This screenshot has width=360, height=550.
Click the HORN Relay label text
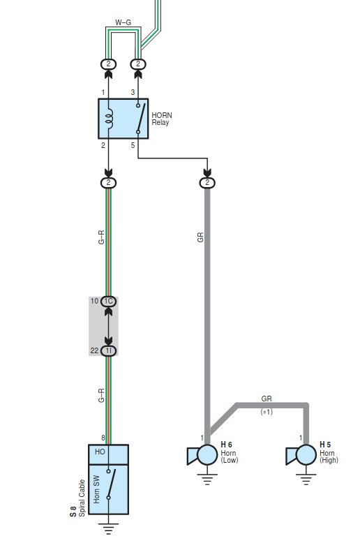click(x=162, y=119)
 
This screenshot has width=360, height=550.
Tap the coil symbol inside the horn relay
click(x=110, y=118)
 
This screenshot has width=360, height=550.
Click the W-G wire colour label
click(x=123, y=22)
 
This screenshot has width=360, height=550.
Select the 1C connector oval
click(x=109, y=302)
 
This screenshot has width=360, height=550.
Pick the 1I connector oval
click(x=109, y=351)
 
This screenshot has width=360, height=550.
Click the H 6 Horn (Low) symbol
click(x=202, y=455)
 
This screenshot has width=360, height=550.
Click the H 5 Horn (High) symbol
click(x=301, y=455)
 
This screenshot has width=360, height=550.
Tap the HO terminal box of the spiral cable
click(x=108, y=454)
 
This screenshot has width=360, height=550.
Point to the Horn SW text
click(x=96, y=489)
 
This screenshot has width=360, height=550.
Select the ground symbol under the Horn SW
click(x=109, y=528)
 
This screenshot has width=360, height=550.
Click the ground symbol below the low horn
click(x=207, y=479)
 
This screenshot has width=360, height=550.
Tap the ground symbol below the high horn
click(x=306, y=479)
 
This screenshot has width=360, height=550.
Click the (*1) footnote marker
click(x=267, y=412)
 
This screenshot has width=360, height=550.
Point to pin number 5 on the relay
click(x=133, y=145)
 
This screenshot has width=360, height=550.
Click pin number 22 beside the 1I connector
click(x=94, y=350)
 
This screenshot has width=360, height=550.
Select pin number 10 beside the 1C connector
click(x=94, y=301)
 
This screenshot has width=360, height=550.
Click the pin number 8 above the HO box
click(x=103, y=438)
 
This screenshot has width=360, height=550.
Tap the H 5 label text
click(x=325, y=445)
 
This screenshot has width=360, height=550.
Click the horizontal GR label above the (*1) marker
click(x=267, y=399)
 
